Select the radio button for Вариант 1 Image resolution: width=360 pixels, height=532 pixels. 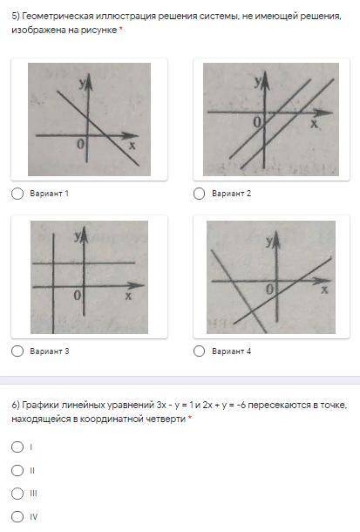[17, 194]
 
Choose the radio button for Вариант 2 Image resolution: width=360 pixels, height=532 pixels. [199, 194]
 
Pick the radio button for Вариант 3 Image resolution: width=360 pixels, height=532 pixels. [17, 351]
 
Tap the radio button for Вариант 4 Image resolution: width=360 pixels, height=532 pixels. [199, 351]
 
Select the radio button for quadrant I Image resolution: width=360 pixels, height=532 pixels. [17, 447]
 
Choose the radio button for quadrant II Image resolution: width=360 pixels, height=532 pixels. [17, 470]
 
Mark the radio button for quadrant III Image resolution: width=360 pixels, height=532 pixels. [17, 494]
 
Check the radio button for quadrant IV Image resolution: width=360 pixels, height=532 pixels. [17, 516]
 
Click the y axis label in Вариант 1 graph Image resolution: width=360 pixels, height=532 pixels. [82, 84]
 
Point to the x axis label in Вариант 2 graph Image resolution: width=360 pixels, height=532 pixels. [315, 124]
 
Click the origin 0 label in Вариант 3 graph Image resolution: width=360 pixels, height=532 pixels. [78, 296]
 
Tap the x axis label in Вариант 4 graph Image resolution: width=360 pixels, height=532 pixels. [324, 290]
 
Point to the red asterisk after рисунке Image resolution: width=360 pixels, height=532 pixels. [120, 29]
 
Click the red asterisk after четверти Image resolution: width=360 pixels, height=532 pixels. [190, 418]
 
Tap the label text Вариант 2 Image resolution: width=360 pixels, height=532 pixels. [232, 194]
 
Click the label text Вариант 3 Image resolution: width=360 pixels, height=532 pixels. [50, 351]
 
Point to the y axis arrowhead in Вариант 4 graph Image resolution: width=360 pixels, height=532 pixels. [277, 237]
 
